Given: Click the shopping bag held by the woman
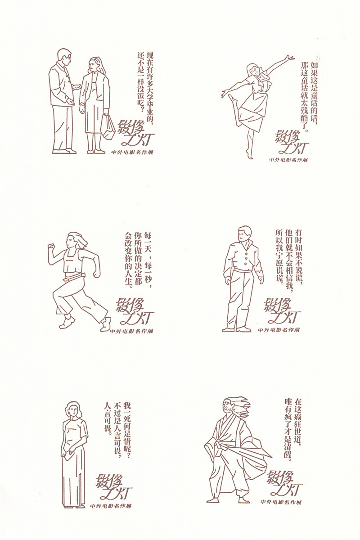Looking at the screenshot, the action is click(x=108, y=127).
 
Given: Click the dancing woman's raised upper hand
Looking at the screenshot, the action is click(x=289, y=58).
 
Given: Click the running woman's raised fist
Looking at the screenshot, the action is click(x=51, y=247).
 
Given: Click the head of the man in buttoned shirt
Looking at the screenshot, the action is click(x=244, y=234).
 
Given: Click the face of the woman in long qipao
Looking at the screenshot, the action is click(x=73, y=413).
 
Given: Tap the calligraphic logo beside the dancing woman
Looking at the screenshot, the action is click(x=290, y=142).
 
